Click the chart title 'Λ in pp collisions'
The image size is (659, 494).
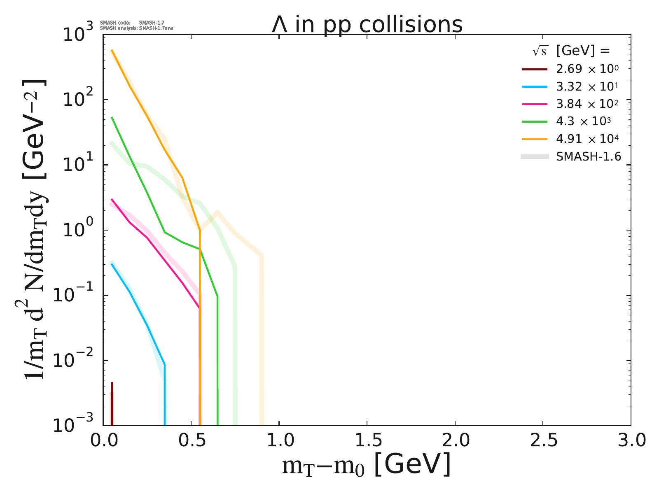pos(367,25)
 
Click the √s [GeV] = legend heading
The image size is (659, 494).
pos(570,51)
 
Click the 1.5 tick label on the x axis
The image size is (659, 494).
pos(367,440)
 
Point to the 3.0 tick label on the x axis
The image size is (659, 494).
pos(630,440)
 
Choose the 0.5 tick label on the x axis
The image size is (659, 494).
pos(191,440)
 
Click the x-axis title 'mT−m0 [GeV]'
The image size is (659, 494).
pos(366,465)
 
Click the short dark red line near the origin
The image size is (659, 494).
pos(112,403)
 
